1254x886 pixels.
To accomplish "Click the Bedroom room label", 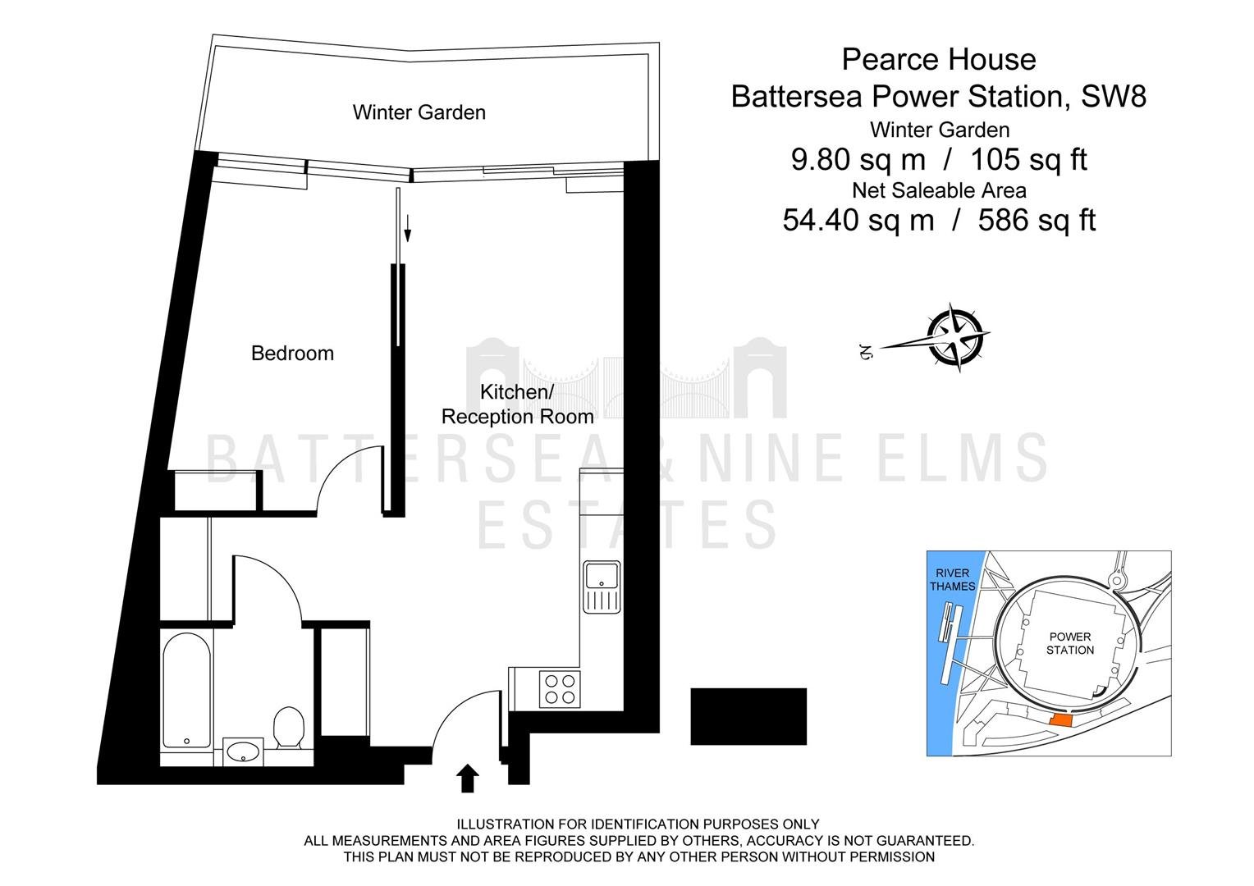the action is (292, 353).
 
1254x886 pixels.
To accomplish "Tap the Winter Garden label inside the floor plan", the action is (419, 112).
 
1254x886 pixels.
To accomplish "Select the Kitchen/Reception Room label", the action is (517, 404).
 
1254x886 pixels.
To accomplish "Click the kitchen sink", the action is (602, 587).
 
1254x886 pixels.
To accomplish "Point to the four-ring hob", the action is (560, 689).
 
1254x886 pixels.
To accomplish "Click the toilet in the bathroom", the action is (288, 727).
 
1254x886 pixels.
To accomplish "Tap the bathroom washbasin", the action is (243, 751).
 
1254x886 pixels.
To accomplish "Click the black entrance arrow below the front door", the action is (468, 779).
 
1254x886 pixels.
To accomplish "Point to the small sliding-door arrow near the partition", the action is (408, 228).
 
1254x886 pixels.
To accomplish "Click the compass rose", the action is (954, 337).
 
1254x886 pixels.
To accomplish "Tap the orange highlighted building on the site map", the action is (1060, 721).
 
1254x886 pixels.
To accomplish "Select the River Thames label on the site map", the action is (952, 579).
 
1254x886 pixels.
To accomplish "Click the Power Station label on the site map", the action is (1070, 643).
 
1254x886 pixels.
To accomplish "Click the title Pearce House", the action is (939, 59).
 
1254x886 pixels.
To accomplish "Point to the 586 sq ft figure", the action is (1037, 220).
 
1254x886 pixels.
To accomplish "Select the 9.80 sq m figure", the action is (858, 159).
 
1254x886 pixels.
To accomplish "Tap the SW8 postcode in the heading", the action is (1114, 96).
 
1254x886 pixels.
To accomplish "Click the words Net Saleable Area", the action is (940, 191).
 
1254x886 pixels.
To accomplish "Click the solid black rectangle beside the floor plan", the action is (748, 716).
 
